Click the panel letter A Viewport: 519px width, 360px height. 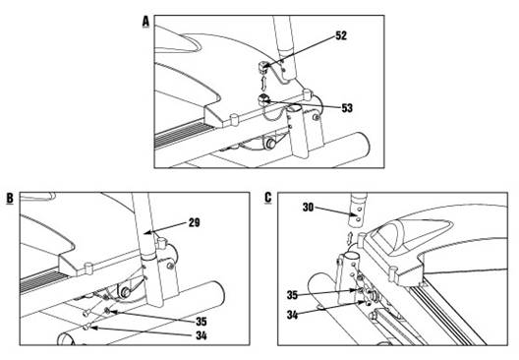tap(145, 23)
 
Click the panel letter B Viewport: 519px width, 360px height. tap(10, 198)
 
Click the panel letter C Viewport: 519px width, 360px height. tap(268, 198)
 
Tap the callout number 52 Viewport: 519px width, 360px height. tap(341, 35)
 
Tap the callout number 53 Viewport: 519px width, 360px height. tap(347, 108)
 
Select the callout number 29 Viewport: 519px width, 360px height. tap(195, 222)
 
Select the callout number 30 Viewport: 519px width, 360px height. tap(309, 208)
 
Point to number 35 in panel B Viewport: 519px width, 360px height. tap(201, 322)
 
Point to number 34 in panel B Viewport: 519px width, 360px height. tap(202, 335)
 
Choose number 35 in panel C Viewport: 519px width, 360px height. tap(292, 295)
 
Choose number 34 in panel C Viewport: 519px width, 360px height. tap(292, 315)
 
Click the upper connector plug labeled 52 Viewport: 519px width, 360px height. tap(262, 67)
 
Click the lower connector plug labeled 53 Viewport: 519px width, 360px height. tap(263, 99)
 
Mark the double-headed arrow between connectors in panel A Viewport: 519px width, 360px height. tap(263, 84)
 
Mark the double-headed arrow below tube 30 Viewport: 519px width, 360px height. tap(350, 238)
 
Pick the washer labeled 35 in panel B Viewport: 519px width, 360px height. tap(107, 310)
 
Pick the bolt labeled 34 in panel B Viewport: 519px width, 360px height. tap(86, 328)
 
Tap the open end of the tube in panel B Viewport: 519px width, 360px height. tap(66, 339)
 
